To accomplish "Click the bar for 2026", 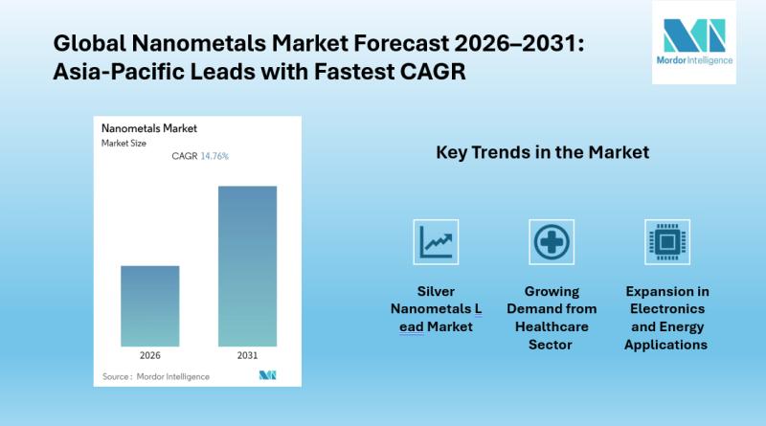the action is [x=150, y=306].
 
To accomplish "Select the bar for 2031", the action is [x=247, y=266].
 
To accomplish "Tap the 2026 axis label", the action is [x=150, y=356].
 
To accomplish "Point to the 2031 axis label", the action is [x=247, y=356].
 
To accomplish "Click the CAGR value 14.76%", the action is [x=214, y=156].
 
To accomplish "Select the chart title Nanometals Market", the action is [x=149, y=128].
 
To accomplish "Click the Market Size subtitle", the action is [x=124, y=144].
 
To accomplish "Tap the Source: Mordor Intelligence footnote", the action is [x=156, y=376].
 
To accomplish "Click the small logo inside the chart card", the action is [x=267, y=375].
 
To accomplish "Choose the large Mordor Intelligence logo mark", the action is [x=694, y=35].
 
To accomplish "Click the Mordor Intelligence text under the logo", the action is [x=694, y=60].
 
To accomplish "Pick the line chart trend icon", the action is [x=436, y=242].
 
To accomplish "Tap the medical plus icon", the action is [x=552, y=242].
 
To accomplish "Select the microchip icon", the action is [x=667, y=242].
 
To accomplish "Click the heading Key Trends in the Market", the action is [x=542, y=152].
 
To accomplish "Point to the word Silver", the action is [x=436, y=292].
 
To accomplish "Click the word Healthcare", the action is [x=552, y=326].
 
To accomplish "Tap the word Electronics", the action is [x=667, y=309].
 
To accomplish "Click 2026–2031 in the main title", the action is [x=519, y=43].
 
